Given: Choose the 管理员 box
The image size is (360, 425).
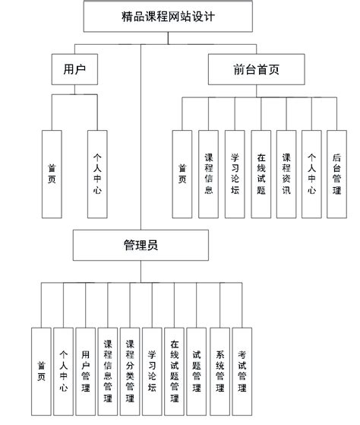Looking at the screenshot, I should (141, 245).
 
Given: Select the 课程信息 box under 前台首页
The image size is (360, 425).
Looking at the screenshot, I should (208, 174).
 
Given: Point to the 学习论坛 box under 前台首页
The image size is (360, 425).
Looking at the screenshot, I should (234, 174).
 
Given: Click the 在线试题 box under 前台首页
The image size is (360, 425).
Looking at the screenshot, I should (261, 174).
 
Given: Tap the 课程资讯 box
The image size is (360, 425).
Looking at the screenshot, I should (286, 174).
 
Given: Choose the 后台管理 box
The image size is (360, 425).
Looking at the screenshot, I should (337, 174).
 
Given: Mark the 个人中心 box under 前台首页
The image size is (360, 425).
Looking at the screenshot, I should (311, 174).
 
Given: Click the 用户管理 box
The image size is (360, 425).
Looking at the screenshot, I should (86, 370).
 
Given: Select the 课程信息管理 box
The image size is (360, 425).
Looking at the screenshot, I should (108, 370).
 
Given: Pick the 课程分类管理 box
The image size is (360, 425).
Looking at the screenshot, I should (130, 370).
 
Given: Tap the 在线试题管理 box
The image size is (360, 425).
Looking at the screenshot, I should (174, 370).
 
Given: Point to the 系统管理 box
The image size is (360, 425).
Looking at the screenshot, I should (219, 370).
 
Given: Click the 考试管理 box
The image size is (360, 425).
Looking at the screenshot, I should (242, 370).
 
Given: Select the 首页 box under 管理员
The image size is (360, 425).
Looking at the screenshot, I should (41, 370).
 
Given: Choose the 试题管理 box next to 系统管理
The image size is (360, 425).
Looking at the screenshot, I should (196, 370).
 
